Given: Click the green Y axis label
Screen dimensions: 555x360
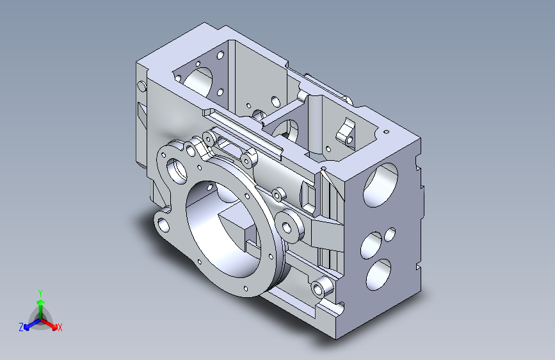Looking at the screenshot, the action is [40, 293].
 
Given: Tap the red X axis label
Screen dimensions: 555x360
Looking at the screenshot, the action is [60, 328].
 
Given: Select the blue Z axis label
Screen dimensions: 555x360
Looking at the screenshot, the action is [21, 327].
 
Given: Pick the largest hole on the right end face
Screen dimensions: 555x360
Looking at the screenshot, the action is [380, 184].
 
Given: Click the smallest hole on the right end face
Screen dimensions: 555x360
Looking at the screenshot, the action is [390, 234].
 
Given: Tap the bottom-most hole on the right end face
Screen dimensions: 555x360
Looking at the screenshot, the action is [378, 275].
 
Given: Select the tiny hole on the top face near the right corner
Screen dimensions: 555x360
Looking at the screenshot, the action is [386, 132].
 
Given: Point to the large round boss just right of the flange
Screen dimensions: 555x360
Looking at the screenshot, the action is [289, 225].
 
